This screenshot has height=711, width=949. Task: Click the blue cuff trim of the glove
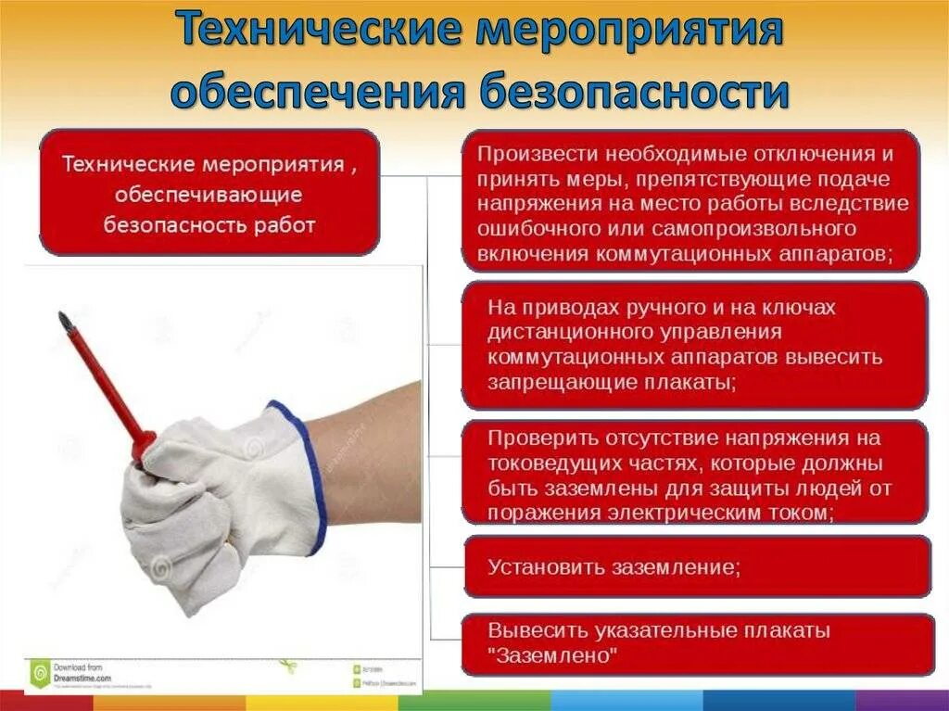pos(306,473)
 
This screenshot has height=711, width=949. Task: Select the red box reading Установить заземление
pos(695,566)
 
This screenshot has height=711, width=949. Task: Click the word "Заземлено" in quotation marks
pos(553,655)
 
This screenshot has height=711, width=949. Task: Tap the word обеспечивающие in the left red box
pos(209,195)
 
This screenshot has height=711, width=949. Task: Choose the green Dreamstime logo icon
pos(39,671)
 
